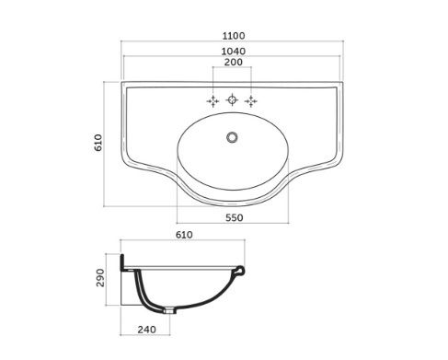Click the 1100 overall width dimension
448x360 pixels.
[x=234, y=36]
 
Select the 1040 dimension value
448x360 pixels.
[x=234, y=51]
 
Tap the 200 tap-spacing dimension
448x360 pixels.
[x=234, y=62]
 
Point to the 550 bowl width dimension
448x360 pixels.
[x=235, y=217]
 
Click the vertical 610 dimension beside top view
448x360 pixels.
[x=98, y=143]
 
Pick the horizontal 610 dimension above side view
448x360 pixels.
[x=184, y=235]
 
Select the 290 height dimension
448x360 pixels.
[x=100, y=278]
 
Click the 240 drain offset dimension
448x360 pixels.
[x=146, y=330]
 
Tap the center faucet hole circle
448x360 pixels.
[x=232, y=99]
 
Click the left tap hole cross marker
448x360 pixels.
[x=213, y=101]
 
